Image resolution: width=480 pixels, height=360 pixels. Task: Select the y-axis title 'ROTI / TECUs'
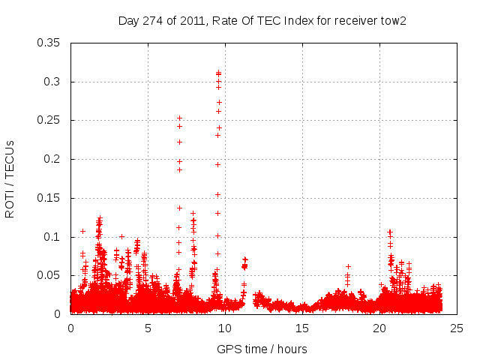(x=10, y=178)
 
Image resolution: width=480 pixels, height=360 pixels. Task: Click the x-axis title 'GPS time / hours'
(x=262, y=349)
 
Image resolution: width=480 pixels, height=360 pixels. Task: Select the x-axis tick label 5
(x=148, y=328)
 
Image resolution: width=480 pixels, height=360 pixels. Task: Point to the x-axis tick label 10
(x=225, y=328)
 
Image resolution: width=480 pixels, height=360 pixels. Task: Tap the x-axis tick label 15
(x=302, y=328)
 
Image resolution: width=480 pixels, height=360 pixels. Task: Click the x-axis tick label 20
(x=379, y=328)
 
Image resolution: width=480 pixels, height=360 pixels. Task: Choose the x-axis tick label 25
(x=457, y=328)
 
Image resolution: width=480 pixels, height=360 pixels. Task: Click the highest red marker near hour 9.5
(x=218, y=73)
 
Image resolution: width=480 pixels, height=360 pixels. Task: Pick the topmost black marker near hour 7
(x=179, y=118)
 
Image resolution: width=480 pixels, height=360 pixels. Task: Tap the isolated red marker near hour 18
(x=348, y=266)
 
